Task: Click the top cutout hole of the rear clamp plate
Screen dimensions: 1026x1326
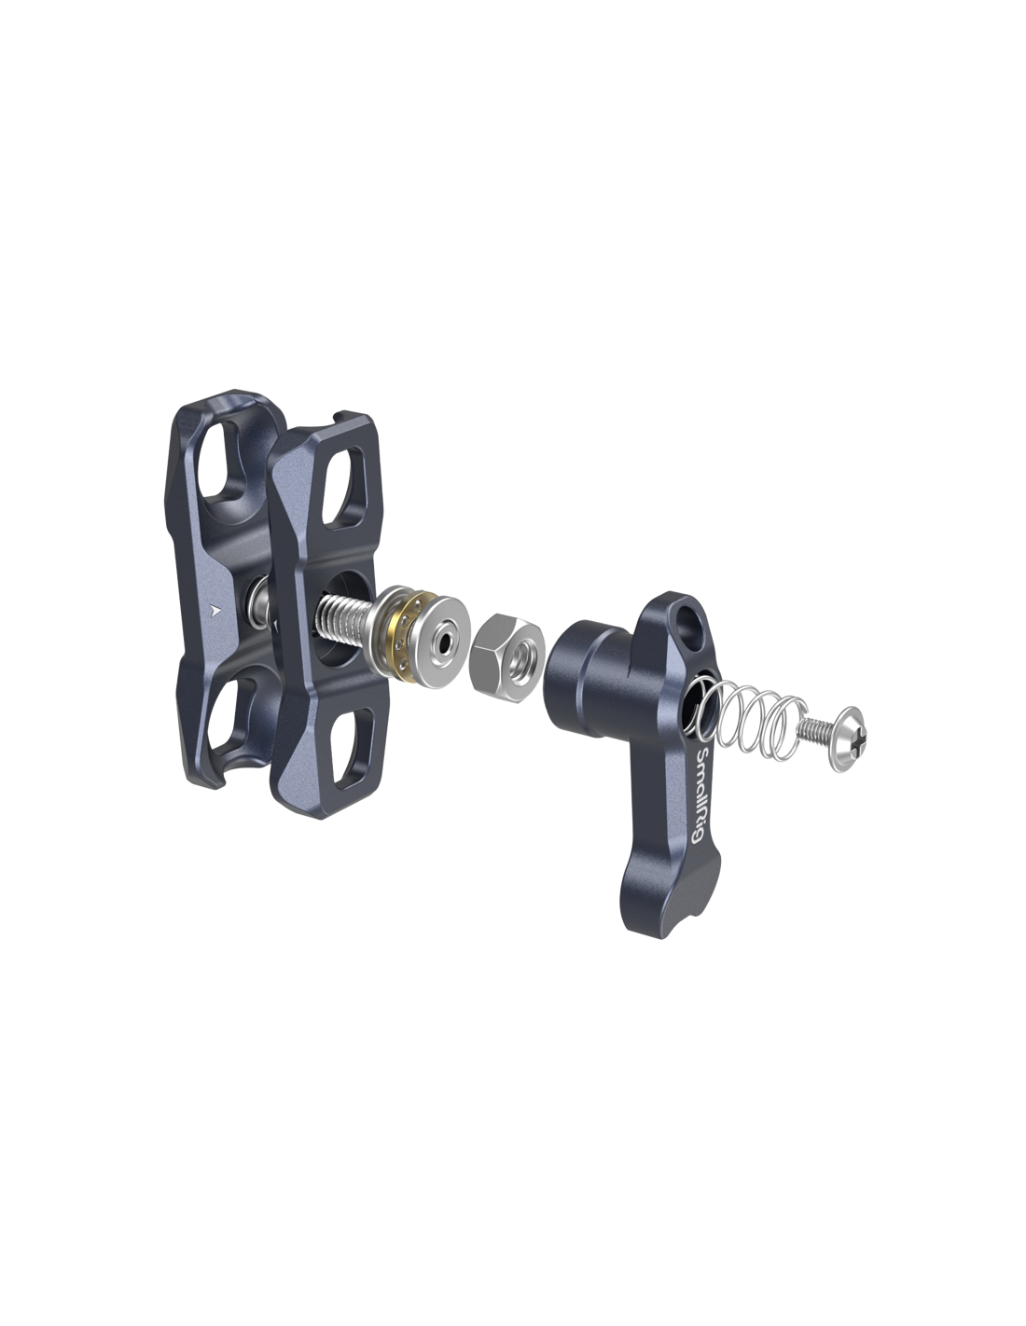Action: coord(225,460)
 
